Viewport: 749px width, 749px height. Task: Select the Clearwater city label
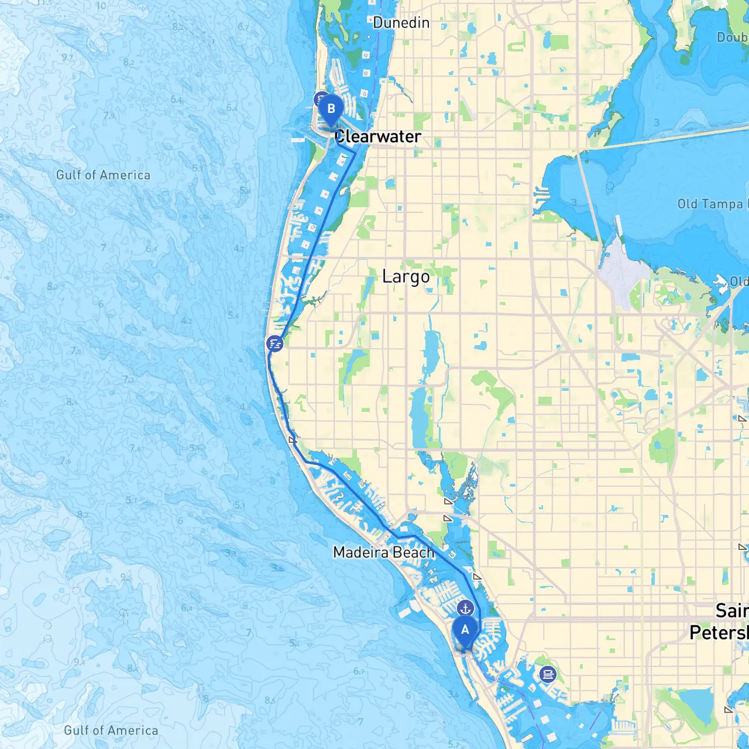[x=377, y=136]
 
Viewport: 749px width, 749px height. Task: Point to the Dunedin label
[x=401, y=23]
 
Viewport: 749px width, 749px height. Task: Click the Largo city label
[x=406, y=276]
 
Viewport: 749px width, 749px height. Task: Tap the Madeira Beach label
[x=383, y=552]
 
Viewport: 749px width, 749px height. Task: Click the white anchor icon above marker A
[x=465, y=608]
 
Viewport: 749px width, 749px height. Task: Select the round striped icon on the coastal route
[x=274, y=343]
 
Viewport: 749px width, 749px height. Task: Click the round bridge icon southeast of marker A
[x=548, y=675]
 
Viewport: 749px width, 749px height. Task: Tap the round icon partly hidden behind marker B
[x=320, y=98]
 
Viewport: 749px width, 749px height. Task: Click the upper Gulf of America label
[x=103, y=175]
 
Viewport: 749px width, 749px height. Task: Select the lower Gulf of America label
[x=111, y=730]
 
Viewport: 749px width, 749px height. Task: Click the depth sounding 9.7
[x=67, y=58]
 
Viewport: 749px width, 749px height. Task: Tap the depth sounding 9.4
[x=79, y=662]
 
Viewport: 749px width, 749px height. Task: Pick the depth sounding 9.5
[x=126, y=576]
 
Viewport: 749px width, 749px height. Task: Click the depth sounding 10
[x=101, y=6]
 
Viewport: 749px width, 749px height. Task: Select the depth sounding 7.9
[x=109, y=115]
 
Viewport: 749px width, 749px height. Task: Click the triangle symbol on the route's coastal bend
[x=293, y=439]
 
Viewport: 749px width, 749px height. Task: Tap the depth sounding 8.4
[x=133, y=668]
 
